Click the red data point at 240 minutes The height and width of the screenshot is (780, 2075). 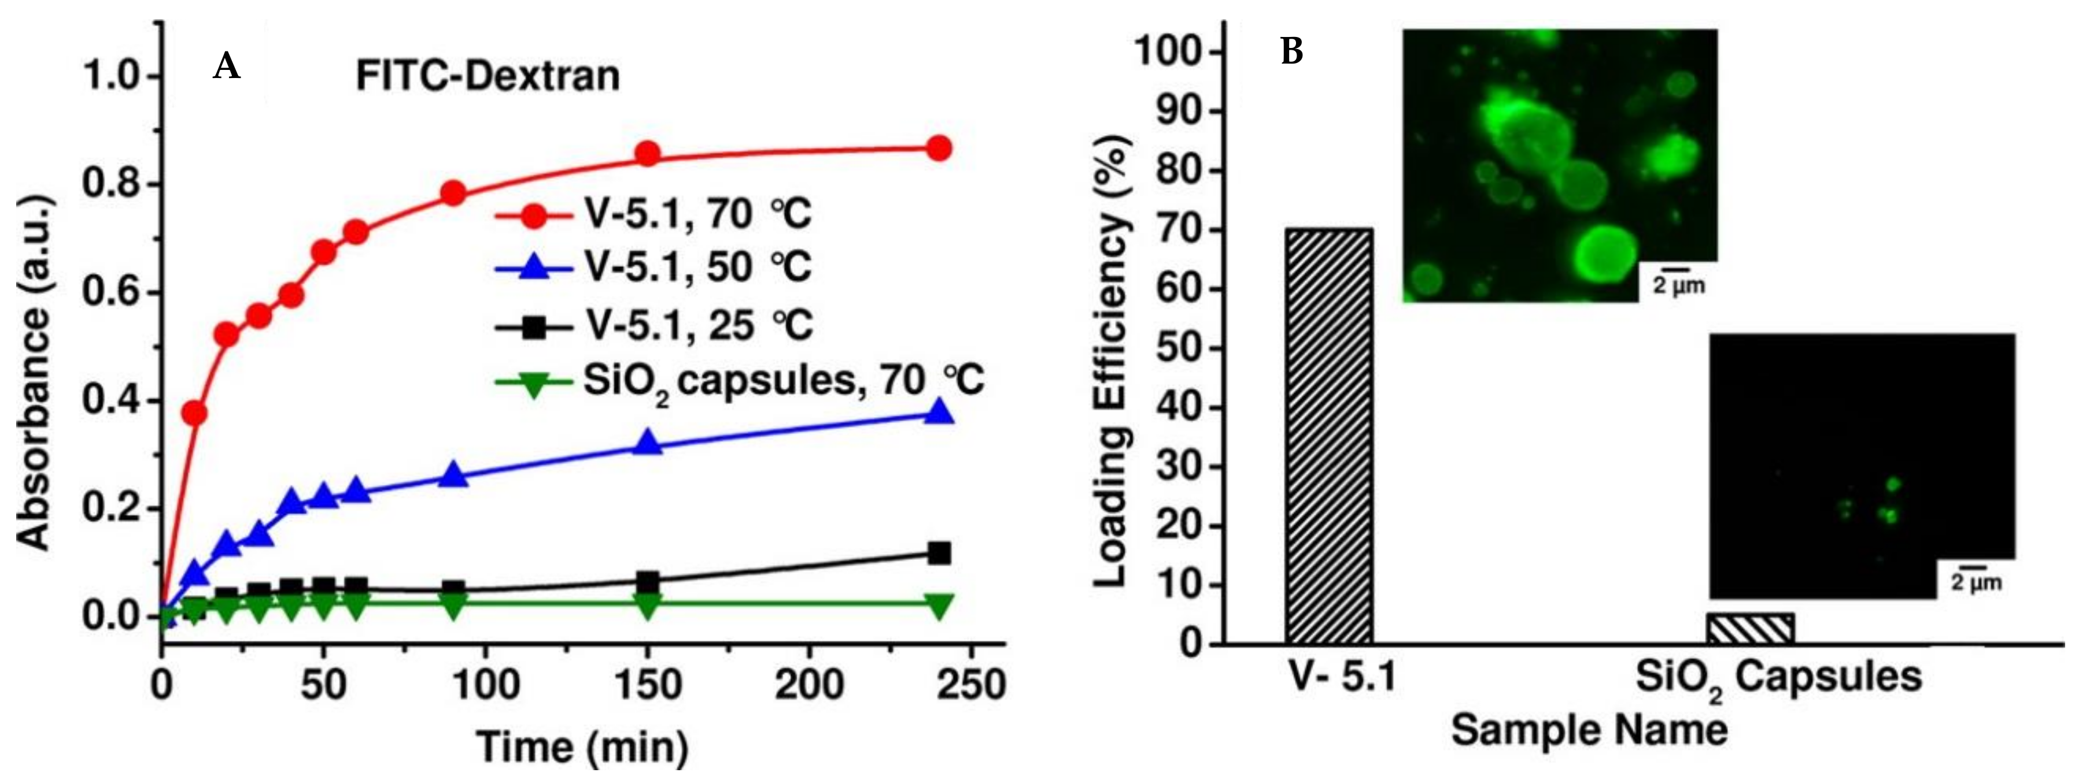tap(939, 148)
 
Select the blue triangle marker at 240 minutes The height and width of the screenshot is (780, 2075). tap(939, 414)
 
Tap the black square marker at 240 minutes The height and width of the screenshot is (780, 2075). tap(939, 553)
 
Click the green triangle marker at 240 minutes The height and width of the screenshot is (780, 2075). tap(939, 606)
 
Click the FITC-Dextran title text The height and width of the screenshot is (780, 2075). tap(488, 76)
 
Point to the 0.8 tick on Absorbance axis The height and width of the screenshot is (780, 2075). tap(113, 184)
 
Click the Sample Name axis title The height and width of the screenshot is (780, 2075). tap(1589, 731)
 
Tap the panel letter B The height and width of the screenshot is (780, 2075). tap(1291, 53)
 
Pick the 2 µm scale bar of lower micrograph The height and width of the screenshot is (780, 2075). tap(1975, 573)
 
